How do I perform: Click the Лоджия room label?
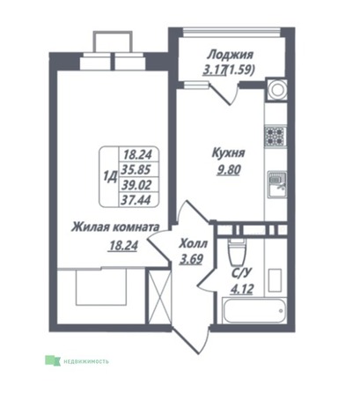tap(230, 55)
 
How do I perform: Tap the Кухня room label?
tap(228, 153)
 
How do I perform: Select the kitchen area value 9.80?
tap(229, 169)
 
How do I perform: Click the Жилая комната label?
tap(115, 227)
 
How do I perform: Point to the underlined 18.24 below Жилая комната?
tap(123, 246)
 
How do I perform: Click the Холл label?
tap(193, 243)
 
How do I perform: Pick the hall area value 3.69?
tap(191, 259)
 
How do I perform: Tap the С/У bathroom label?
tap(241, 273)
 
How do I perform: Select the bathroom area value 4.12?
tap(241, 290)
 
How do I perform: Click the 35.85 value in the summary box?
tap(137, 169)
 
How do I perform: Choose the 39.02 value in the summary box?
tap(137, 185)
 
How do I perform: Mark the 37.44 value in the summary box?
tap(137, 200)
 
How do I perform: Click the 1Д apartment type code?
tap(110, 177)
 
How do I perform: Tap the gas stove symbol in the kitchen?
tap(275, 136)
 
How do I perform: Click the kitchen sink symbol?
tap(276, 185)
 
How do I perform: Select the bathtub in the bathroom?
tap(254, 310)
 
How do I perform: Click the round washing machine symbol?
tap(276, 90)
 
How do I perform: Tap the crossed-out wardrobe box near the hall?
tap(159, 296)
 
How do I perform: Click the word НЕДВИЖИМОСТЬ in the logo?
tap(84, 361)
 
